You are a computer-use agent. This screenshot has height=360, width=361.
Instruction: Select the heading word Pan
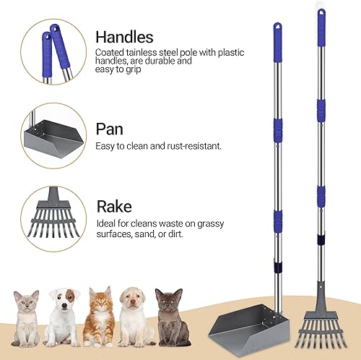coord(109,129)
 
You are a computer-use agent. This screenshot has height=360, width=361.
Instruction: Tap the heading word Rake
coord(114,206)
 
